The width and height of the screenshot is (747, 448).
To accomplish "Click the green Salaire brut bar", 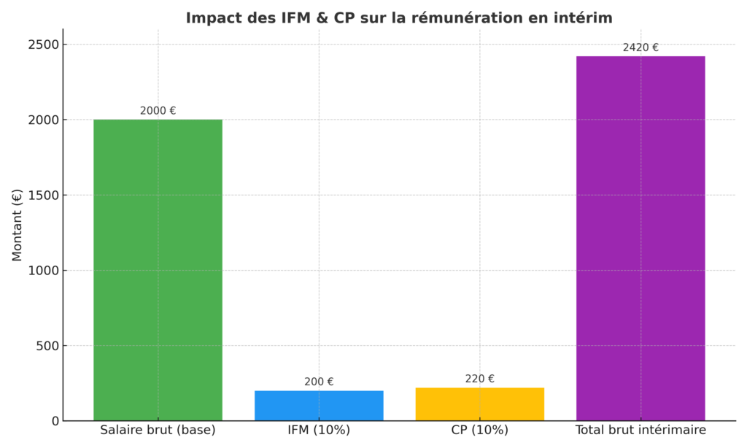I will coord(158,270).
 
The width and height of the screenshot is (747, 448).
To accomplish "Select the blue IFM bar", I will coord(319,406).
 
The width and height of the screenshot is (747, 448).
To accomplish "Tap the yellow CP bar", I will coord(479,404).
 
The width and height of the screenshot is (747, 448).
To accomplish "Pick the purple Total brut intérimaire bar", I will coord(640,238).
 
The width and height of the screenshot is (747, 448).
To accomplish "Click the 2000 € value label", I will coord(158,111).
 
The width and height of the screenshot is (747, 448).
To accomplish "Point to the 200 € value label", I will coord(319,382).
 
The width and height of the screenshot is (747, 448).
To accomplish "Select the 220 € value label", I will coord(479,379).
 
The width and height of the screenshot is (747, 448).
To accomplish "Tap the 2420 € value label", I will coord(640,47).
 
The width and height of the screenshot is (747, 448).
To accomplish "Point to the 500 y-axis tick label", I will coord(47,346).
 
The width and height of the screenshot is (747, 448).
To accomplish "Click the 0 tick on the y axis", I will coord(54,421).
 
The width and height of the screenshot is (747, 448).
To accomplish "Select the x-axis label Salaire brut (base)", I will coord(158,430).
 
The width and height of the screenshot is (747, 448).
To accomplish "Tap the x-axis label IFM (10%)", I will coord(319,430).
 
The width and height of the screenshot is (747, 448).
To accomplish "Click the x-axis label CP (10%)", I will coord(479,430).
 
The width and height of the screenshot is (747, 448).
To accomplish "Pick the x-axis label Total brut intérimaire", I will coord(640,430).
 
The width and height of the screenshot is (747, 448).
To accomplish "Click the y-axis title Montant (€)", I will coord(18,225).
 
